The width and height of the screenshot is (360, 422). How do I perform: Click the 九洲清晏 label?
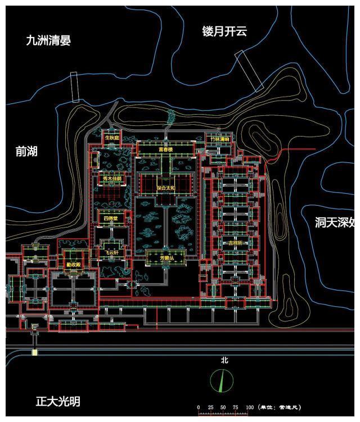tap(48, 40)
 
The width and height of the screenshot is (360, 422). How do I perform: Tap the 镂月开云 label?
tap(224, 31)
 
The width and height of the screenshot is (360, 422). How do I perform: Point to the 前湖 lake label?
tap(26, 151)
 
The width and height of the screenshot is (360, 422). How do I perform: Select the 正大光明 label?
tap(57, 402)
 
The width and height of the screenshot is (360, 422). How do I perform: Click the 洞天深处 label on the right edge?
tap(334, 223)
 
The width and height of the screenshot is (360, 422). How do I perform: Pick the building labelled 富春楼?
tap(166, 150)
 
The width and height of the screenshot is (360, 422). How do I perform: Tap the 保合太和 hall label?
tap(165, 189)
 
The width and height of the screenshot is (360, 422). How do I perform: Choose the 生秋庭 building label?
tap(112, 138)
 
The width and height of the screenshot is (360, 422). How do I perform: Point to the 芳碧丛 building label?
tap(165, 258)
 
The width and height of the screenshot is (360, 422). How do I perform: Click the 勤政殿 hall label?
tap(74, 264)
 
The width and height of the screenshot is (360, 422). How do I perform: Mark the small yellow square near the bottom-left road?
tap(34, 352)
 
